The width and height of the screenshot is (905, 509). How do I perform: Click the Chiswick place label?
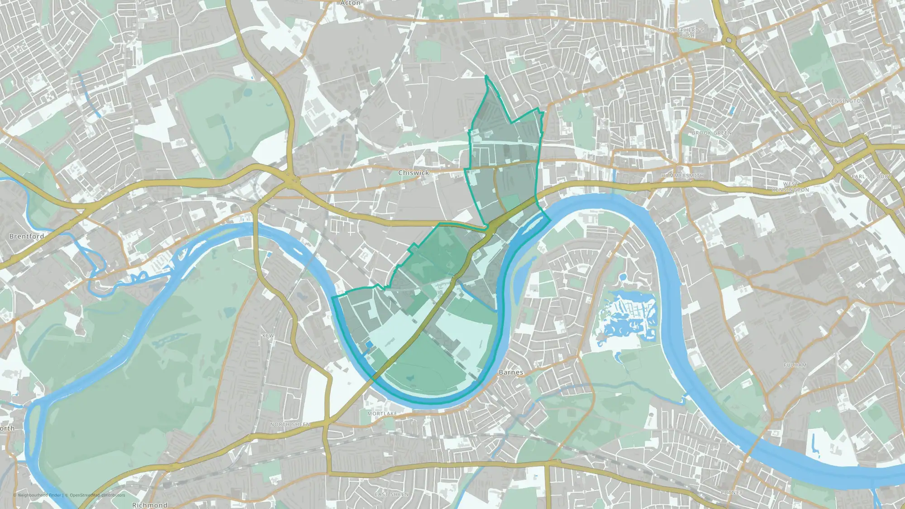[414, 173]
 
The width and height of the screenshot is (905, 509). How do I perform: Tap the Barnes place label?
[510, 372]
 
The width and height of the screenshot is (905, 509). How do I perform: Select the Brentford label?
[27, 236]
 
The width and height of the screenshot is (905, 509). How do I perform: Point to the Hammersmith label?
[682, 176]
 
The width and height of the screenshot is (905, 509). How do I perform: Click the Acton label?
[350, 3]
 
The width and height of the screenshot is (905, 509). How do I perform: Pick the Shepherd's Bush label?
[687, 33]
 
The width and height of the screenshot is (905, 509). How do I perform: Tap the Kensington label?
[846, 101]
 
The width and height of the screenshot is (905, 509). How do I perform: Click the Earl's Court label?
[871, 176]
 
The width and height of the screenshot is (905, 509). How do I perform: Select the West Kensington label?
[791, 187]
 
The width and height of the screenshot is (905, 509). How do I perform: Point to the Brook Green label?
[712, 133]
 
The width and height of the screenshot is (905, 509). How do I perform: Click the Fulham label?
[795, 365]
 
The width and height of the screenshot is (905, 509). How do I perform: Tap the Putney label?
[732, 493]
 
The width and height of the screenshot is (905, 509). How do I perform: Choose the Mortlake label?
[382, 414]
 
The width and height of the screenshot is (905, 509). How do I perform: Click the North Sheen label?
[290, 424]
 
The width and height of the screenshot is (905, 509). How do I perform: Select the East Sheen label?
[391, 495]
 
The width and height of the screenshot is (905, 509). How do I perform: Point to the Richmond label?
[150, 505]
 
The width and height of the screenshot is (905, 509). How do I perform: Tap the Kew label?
[268, 336]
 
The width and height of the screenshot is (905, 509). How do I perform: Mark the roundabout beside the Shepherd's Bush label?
[729, 41]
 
